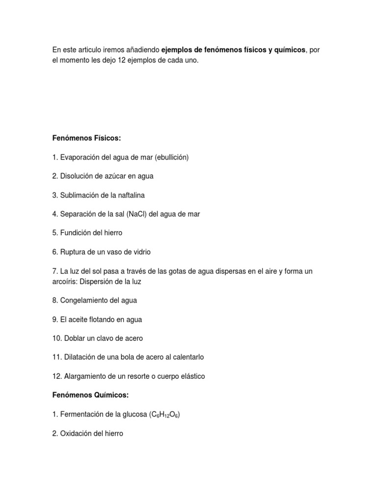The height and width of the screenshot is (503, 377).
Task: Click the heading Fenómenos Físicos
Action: point(86,139)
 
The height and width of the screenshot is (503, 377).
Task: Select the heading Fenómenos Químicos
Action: point(90,395)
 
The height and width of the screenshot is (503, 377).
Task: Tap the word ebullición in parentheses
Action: point(171,157)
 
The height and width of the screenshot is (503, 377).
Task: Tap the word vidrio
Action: point(140,252)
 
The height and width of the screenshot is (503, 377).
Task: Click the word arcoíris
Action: point(65,281)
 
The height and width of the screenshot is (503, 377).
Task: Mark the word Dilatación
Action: point(80,357)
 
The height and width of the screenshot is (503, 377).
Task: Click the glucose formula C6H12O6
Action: point(165,415)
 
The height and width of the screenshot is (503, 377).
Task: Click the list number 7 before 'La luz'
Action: point(55,271)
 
